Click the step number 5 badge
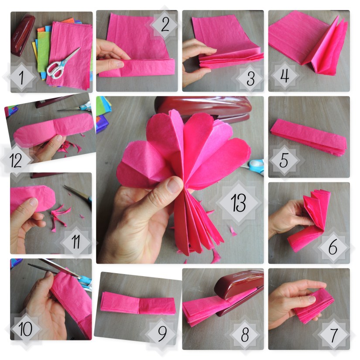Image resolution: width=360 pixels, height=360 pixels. click(x=284, y=161)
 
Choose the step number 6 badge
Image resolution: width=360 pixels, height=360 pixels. click(x=333, y=247)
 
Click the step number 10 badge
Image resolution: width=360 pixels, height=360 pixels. click(x=26, y=329)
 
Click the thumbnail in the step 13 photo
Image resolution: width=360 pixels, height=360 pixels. click(x=174, y=185)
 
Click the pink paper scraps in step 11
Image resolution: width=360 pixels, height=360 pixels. click(x=59, y=216)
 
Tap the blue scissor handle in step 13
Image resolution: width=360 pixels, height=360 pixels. click(x=256, y=165)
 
